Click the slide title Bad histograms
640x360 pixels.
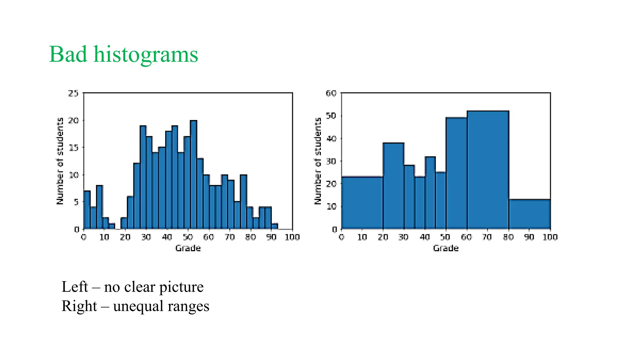[123, 54]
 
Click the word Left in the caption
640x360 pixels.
[74, 287]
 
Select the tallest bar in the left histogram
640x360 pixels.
[193, 175]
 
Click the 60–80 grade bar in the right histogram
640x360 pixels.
[488, 170]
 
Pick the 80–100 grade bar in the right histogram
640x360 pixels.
[529, 214]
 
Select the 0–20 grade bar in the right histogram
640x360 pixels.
[362, 203]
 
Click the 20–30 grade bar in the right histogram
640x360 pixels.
[393, 186]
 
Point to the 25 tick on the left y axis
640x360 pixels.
[73, 93]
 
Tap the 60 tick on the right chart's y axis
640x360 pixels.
[331, 93]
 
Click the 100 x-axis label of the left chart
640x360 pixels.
[292, 237]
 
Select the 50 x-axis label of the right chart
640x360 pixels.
[446, 237]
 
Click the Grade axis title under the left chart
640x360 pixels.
[188, 248]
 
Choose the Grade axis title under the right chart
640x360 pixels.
[446, 248]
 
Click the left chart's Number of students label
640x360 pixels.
[60, 161]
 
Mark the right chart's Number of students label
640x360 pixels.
[317, 161]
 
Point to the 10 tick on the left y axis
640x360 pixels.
[74, 175]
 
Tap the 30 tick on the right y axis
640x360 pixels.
[331, 161]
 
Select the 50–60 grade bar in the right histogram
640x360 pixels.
[456, 173]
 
